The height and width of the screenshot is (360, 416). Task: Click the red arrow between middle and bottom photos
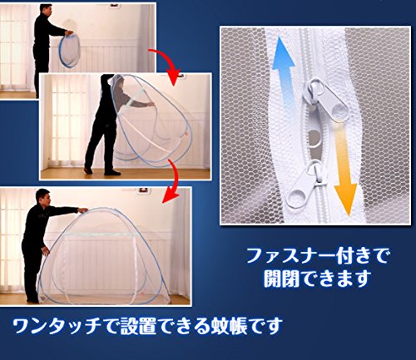(173, 180)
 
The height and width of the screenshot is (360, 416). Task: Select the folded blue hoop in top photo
(69, 50)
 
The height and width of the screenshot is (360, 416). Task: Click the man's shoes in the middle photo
(102, 171)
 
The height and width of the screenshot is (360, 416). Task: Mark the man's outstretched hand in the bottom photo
(82, 210)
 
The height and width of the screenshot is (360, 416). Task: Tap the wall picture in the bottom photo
(143, 190)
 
